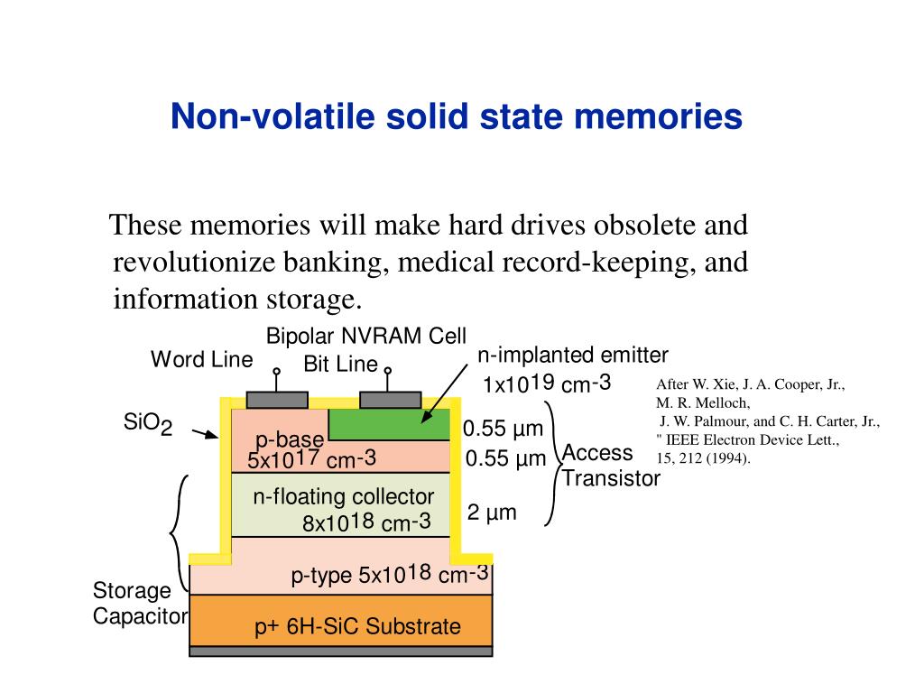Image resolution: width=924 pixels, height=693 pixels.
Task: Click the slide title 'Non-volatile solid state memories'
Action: tap(457, 116)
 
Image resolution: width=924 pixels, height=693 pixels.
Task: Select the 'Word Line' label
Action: tap(201, 359)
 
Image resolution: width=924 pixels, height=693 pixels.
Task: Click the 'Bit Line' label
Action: tap(340, 365)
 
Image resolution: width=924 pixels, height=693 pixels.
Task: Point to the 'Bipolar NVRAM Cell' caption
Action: tap(365, 336)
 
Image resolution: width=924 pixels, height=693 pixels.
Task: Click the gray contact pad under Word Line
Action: tap(277, 400)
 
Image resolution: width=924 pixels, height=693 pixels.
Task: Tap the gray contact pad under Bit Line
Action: tap(390, 400)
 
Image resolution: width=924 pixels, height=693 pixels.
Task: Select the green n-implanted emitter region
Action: tap(388, 424)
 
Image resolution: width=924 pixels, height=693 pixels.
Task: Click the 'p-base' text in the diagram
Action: tap(289, 439)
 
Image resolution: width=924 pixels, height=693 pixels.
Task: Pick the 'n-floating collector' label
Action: tap(343, 496)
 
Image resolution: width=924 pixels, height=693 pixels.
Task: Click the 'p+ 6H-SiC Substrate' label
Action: tap(357, 626)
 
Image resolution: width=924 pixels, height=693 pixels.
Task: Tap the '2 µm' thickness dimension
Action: tap(492, 513)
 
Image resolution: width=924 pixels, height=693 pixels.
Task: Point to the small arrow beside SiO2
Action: tap(206, 434)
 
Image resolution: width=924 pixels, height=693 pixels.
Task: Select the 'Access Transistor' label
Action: tap(611, 466)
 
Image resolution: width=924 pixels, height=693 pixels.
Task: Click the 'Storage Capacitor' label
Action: tap(139, 604)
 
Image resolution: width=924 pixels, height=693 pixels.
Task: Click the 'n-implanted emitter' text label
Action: tap(572, 356)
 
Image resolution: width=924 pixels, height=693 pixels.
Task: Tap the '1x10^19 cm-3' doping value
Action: tap(547, 384)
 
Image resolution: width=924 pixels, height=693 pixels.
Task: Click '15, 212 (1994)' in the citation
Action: tap(703, 457)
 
